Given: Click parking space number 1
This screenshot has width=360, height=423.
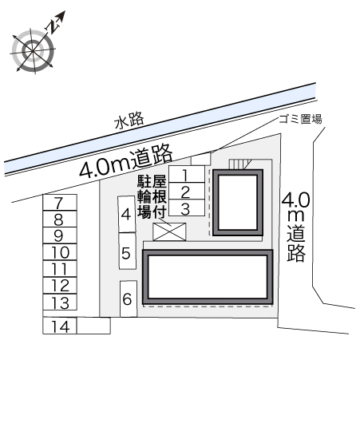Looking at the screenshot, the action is coord(187,174).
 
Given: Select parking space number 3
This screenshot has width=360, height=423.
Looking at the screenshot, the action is coord(187,208).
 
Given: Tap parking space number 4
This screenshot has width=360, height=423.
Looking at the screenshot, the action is coord(127,214).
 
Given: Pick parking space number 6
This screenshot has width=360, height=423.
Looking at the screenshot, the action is coord(129,298).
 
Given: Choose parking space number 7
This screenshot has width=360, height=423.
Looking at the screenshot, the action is coord(60,203).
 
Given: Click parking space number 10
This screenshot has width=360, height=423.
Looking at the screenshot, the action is coord(60,252).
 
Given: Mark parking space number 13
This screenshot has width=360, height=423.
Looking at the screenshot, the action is coord(60,302).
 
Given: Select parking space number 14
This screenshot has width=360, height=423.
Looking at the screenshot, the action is coord(60,326).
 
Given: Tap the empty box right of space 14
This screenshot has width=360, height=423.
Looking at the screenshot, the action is coord(93,326).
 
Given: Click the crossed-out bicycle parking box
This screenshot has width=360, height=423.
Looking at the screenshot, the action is coord(169,231).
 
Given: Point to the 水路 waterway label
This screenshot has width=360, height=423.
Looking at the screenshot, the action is coord(129,121).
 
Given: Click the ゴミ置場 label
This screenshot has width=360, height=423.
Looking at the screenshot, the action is coord(300,119).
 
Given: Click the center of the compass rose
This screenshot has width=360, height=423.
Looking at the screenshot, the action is coord(33,51).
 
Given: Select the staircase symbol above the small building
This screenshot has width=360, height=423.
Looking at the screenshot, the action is coord(240,164).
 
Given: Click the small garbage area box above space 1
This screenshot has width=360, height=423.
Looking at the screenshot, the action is coord(201,159).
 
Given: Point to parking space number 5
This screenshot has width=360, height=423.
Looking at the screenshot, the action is coord(128,251).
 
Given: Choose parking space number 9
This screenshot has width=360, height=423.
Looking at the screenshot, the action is coord(60,235).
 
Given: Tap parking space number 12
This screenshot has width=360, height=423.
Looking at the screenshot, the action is coord(60,286).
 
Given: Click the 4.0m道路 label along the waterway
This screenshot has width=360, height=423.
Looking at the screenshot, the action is coord(126,161).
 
